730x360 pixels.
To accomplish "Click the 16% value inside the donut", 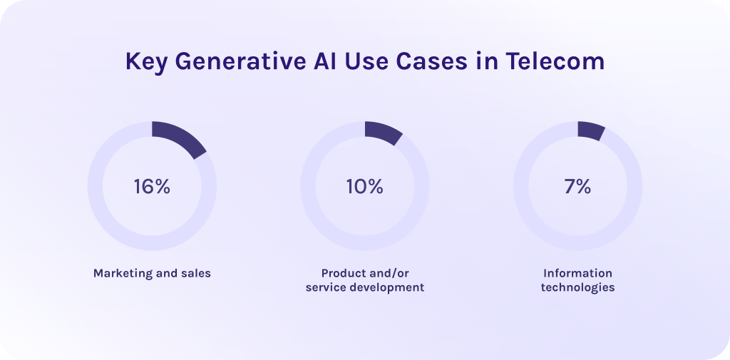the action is pyautogui.click(x=152, y=186).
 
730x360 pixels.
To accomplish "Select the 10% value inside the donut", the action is pyautogui.click(x=364, y=186).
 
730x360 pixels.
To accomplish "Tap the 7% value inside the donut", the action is pyautogui.click(x=577, y=186).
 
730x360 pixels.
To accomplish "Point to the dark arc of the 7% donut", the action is pyautogui.click(x=592, y=130).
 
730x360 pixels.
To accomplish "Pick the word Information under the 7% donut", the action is pyautogui.click(x=577, y=273).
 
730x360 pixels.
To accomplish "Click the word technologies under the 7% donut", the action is pyautogui.click(x=577, y=288).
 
